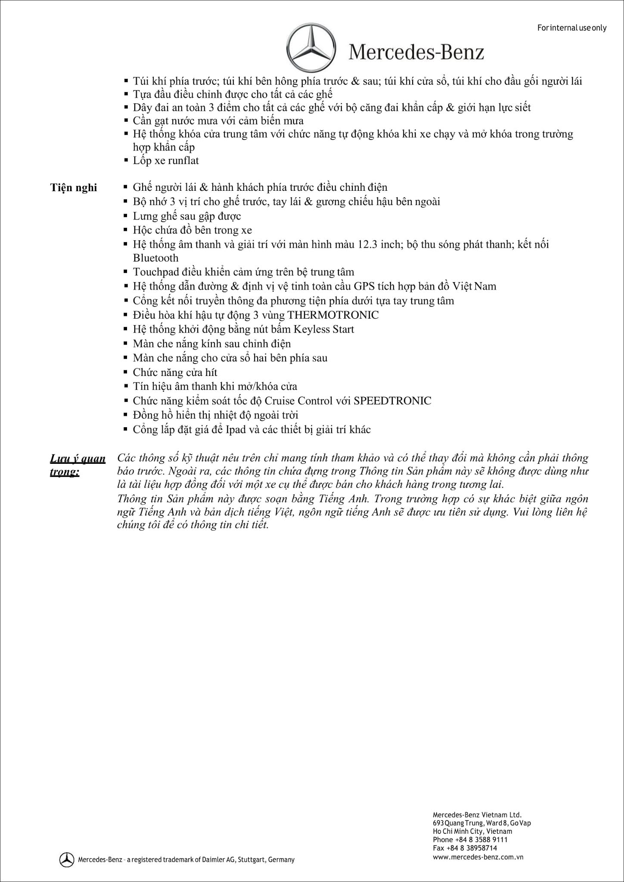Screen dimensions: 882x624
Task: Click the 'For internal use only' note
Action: click(572, 28)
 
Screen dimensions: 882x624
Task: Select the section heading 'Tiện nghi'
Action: click(74, 188)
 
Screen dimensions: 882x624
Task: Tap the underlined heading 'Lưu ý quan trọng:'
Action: click(78, 465)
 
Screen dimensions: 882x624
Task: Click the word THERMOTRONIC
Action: click(333, 315)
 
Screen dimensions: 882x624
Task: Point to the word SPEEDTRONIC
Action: click(392, 401)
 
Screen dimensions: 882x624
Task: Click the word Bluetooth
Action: click(155, 258)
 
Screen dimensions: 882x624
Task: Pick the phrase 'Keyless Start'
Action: click(324, 329)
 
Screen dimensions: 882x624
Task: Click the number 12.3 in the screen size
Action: click(366, 245)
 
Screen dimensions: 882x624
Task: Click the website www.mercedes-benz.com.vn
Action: click(478, 857)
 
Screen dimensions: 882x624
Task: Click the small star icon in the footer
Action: click(67, 859)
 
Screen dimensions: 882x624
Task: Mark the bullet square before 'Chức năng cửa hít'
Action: click(125, 372)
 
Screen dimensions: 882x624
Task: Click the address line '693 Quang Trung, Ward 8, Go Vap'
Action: click(481, 823)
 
